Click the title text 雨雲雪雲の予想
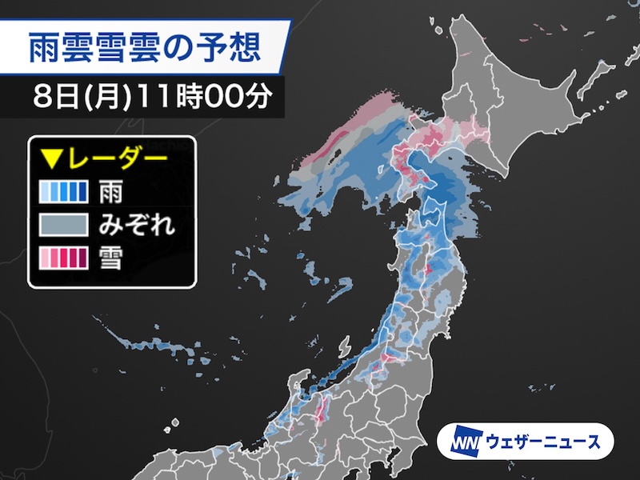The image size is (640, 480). click(x=145, y=50)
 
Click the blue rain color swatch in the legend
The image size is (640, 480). click(x=62, y=191)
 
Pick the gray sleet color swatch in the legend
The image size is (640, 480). click(x=62, y=225)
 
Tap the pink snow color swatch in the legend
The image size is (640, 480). click(x=62, y=258)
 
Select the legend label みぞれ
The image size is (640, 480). click(x=137, y=225)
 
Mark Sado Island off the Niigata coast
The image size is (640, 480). click(x=346, y=350)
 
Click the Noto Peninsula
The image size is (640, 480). click(x=305, y=384)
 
